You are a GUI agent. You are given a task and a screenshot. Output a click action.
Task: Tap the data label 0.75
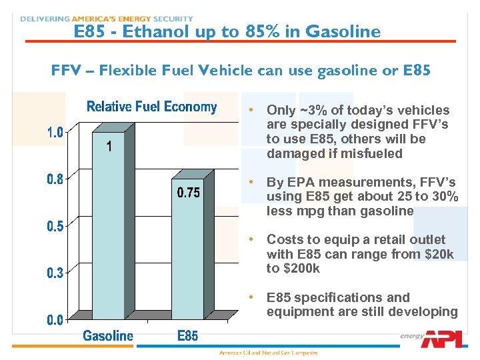[x=188, y=193]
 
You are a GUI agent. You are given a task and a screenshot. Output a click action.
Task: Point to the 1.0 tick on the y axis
[x=55, y=133]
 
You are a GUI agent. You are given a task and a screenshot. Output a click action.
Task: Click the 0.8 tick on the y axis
[x=55, y=179]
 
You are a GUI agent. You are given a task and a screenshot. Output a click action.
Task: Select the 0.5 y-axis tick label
[x=55, y=226]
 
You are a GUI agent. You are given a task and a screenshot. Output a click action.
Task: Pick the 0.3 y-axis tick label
[x=55, y=273]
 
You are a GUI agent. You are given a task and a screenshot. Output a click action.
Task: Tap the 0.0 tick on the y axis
[x=55, y=320]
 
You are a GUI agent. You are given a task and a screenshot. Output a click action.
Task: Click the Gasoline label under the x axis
[x=108, y=336]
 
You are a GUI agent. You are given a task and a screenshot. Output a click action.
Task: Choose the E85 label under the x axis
[x=187, y=336]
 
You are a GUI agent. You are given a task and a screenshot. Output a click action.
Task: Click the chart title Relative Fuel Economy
[x=152, y=107]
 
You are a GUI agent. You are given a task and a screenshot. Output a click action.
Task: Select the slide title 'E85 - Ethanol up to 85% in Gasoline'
[x=227, y=31]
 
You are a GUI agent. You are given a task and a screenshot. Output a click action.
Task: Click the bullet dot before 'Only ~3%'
[x=250, y=110]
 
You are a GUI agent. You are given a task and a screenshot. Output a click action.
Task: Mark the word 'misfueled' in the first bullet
[x=371, y=153]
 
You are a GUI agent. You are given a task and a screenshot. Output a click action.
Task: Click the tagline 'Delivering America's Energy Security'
[x=107, y=19]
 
